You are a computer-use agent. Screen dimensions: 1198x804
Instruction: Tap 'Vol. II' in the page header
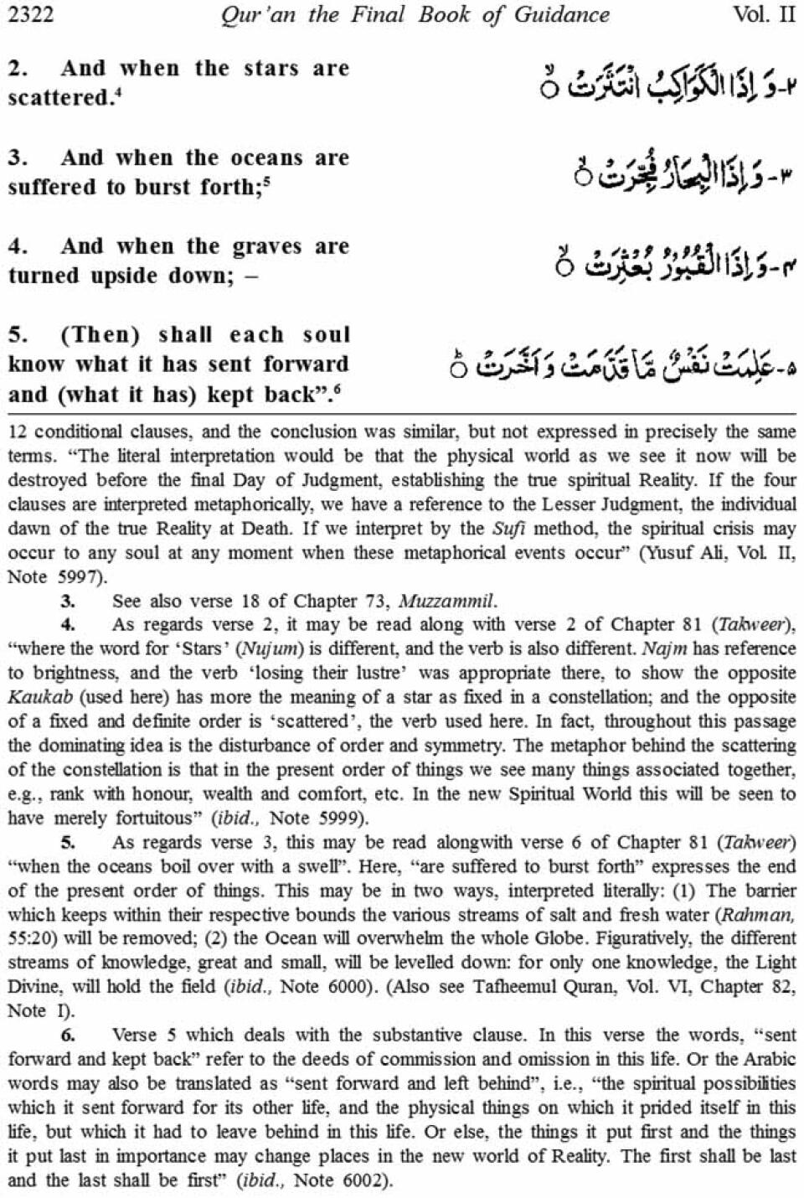click(763, 14)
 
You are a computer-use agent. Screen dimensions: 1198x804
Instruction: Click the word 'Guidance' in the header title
click(556, 14)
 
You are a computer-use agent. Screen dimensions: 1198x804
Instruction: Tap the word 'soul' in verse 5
click(326, 335)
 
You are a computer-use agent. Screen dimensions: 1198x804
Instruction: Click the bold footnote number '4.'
click(68, 625)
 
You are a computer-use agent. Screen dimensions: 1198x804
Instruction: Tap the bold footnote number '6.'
click(68, 1035)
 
